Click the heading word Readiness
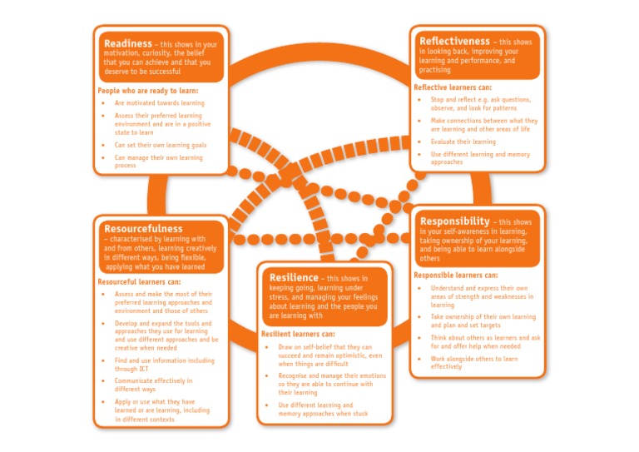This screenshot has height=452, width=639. (x=128, y=43)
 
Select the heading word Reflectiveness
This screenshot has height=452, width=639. (x=454, y=41)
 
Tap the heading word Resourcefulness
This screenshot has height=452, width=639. (x=143, y=228)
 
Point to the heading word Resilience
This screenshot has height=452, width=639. (x=294, y=277)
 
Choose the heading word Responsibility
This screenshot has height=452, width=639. (x=454, y=221)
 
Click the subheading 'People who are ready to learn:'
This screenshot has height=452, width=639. (x=148, y=90)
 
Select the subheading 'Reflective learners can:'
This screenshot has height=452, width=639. (x=452, y=87)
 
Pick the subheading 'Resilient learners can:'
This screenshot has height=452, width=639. (x=299, y=333)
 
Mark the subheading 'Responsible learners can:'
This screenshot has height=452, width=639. (x=456, y=275)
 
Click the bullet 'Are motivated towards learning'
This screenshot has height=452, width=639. (x=160, y=103)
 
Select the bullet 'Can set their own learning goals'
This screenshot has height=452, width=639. (x=161, y=145)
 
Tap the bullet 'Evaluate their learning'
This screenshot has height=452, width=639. (x=463, y=142)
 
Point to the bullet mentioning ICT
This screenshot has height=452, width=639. (x=164, y=364)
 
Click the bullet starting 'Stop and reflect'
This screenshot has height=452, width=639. (x=480, y=103)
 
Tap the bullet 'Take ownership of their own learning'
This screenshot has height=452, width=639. (x=483, y=320)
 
